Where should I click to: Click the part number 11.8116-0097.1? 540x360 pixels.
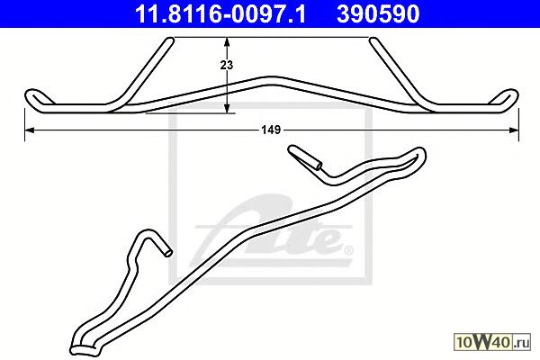pos(220,14)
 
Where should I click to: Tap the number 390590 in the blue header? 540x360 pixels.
pos(378,14)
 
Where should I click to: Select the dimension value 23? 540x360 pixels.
pos(227,65)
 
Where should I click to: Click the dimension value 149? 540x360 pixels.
pos(272,130)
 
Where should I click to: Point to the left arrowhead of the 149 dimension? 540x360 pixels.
pos(30,130)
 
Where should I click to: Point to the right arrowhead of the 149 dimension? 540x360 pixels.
pos(514,130)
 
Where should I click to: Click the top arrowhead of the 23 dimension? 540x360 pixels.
pos(227,42)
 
